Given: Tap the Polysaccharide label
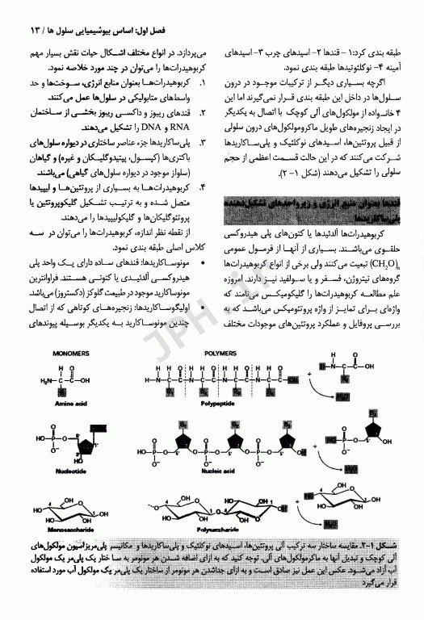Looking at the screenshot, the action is coord(219,528).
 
